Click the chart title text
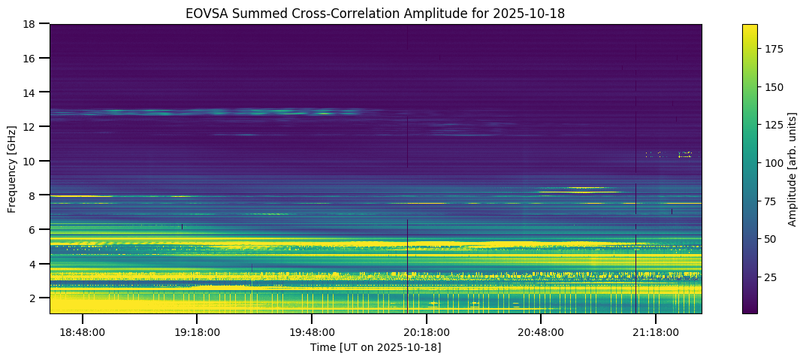pyautogui.click(x=376, y=13)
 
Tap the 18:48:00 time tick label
pyautogui.click(x=83, y=332)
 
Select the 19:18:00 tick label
pyautogui.click(x=197, y=332)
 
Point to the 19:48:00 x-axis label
pyautogui.click(x=312, y=332)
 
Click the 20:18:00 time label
pyautogui.click(x=427, y=332)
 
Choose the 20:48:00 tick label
pyautogui.click(x=541, y=332)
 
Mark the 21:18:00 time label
pyautogui.click(x=656, y=332)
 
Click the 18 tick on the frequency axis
pyautogui.click(x=32, y=24)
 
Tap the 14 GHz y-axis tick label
pyautogui.click(x=32, y=92)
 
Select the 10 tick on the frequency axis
pyautogui.click(x=32, y=161)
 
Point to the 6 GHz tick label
pyautogui.click(x=35, y=229)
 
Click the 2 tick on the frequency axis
pyautogui.click(x=35, y=298)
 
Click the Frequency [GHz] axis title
pyautogui.click(x=12, y=168)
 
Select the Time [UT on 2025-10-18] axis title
pyautogui.click(x=376, y=347)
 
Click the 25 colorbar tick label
pyautogui.click(x=771, y=277)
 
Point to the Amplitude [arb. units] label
pyautogui.click(x=792, y=168)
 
